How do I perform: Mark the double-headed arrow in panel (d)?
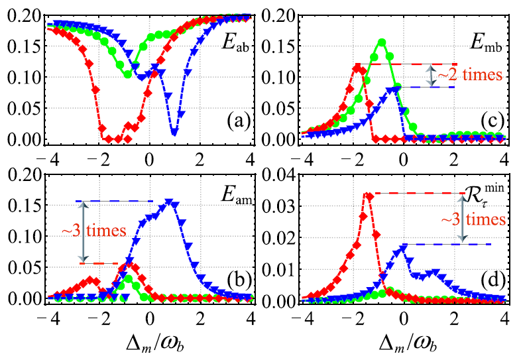[463, 219]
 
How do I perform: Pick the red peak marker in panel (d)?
[369, 195]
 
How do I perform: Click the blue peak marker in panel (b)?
[168, 202]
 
